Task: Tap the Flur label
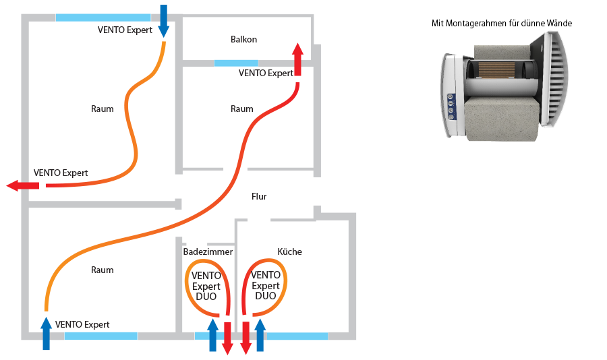259,197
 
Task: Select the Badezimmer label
208,251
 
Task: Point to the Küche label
289,251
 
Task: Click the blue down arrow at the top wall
163,20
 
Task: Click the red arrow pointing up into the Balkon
297,61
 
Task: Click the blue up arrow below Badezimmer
212,335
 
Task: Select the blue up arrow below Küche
260,335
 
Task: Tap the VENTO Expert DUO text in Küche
265,286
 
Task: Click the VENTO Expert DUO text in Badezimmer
206,286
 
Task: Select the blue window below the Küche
297,335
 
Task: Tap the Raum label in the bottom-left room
103,270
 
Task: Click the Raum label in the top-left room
103,109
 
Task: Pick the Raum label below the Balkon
241,109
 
